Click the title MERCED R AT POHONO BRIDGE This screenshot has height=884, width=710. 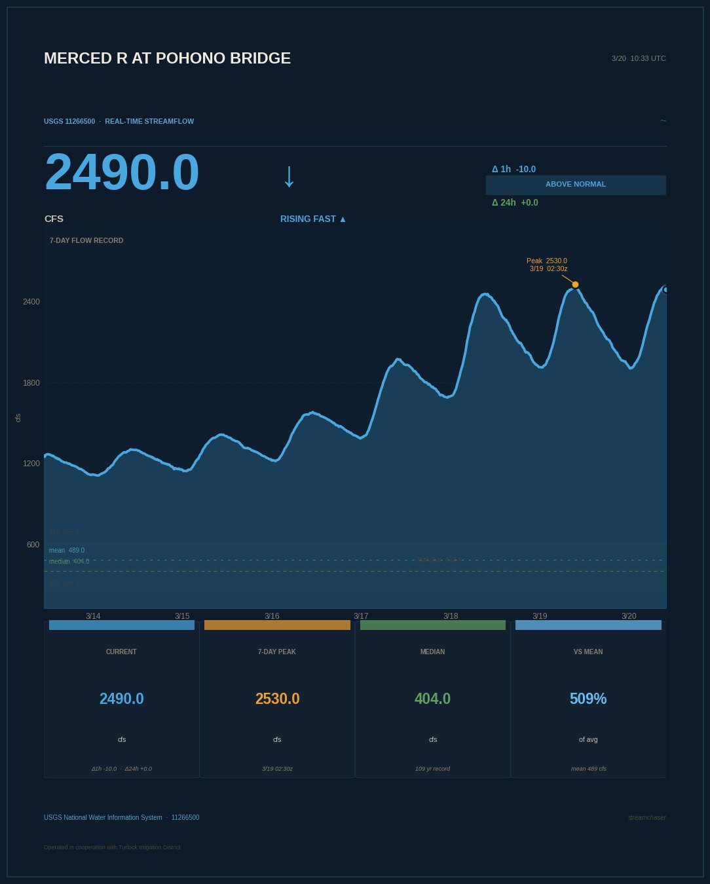coord(167,58)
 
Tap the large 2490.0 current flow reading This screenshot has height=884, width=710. coord(122,172)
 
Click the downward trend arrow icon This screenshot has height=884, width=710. coord(289,176)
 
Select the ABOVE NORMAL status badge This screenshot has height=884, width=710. coord(576,185)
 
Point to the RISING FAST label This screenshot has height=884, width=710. coord(313,219)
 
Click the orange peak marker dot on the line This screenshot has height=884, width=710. coord(575,284)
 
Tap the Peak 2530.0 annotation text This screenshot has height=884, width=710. coord(547,261)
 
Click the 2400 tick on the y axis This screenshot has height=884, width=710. coord(31,302)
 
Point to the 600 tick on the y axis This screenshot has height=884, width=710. coord(33,545)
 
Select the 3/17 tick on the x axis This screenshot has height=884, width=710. coord(361,616)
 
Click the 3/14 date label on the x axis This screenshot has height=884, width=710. coord(93,616)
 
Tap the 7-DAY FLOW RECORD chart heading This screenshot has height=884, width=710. coord(86,240)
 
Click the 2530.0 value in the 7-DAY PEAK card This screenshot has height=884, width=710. coord(277,699)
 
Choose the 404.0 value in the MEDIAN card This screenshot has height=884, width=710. coord(432,699)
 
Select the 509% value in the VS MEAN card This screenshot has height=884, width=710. coord(588,699)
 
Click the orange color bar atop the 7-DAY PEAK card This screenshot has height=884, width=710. coord(277,625)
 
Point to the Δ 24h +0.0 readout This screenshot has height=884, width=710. coord(515,202)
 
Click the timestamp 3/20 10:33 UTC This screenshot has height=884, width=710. coord(639,58)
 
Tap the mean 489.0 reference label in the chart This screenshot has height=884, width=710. coord(67,550)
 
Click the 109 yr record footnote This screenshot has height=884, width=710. coord(432,769)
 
